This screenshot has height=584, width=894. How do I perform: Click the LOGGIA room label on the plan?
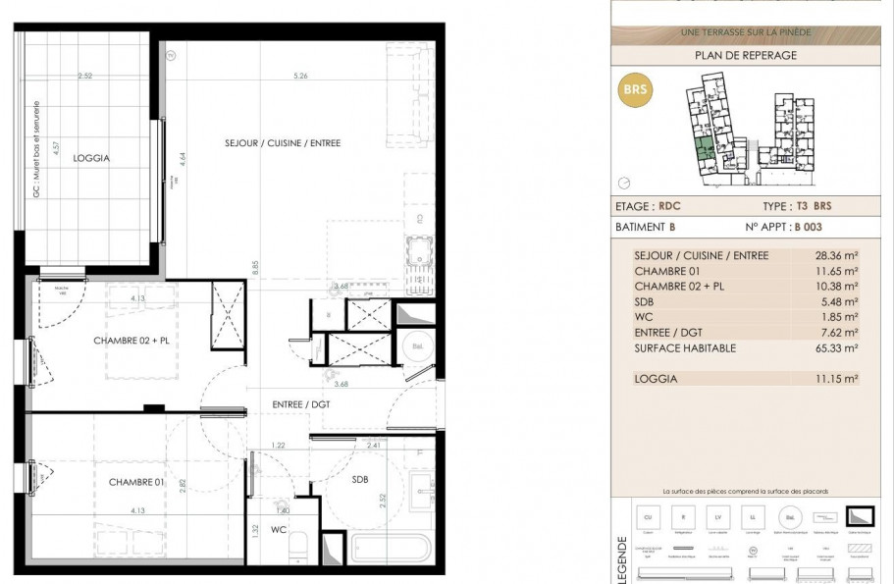pyautogui.click(x=90, y=157)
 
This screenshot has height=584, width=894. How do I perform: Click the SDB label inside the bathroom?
pyautogui.click(x=360, y=479)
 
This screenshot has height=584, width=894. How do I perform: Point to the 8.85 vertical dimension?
pyautogui.click(x=254, y=265)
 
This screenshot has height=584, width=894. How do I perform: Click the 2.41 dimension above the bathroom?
pyautogui.click(x=374, y=446)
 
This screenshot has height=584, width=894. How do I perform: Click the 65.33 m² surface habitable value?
pyautogui.click(x=840, y=348)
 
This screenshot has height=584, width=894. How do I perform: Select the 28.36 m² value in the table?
pyautogui.click(x=840, y=255)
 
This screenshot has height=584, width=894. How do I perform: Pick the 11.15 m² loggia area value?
pyautogui.click(x=840, y=378)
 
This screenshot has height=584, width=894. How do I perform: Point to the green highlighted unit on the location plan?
pyautogui.click(x=704, y=150)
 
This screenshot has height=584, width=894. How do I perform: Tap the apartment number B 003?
pyautogui.click(x=809, y=227)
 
